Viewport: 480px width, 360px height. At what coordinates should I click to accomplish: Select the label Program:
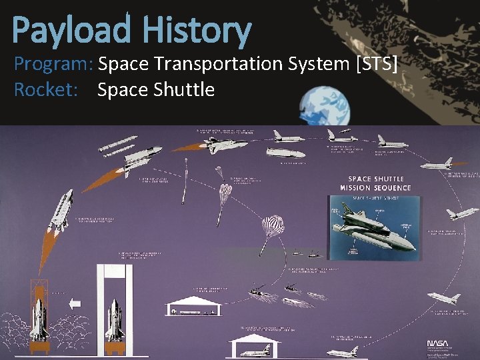(53, 65)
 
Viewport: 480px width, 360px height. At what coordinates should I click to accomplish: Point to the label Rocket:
(43, 89)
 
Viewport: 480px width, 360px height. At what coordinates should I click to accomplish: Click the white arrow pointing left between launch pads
(75, 303)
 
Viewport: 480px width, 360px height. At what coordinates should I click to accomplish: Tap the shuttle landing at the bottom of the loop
(344, 350)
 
